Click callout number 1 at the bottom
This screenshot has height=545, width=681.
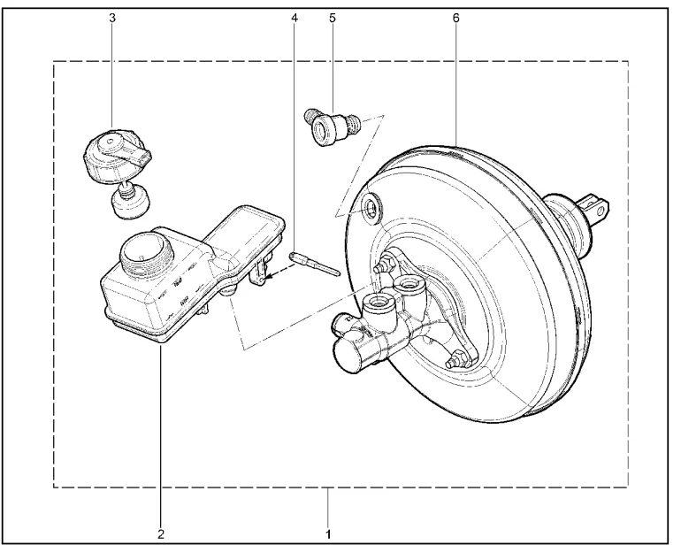tap(328, 533)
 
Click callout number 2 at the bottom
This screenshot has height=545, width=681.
tap(161, 533)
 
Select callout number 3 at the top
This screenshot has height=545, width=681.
tap(112, 18)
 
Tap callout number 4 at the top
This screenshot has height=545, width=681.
tap(295, 18)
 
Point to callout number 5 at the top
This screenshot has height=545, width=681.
tap(333, 18)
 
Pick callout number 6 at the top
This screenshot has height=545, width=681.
tap(455, 18)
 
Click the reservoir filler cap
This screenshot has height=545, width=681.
tap(117, 154)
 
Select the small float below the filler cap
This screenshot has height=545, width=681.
tap(128, 202)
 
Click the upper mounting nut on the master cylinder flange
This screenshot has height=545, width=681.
tap(386, 264)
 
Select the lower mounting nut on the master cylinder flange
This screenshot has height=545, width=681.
tap(457, 358)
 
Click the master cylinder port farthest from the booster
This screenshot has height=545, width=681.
tap(379, 304)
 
